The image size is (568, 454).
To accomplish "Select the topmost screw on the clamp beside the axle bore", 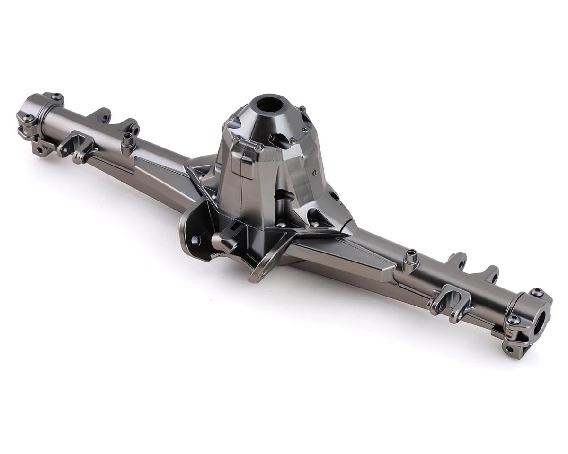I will pos(536,292).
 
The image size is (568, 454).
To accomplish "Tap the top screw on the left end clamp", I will pos(57,96).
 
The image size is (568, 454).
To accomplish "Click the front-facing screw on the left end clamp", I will pos(27,117).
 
